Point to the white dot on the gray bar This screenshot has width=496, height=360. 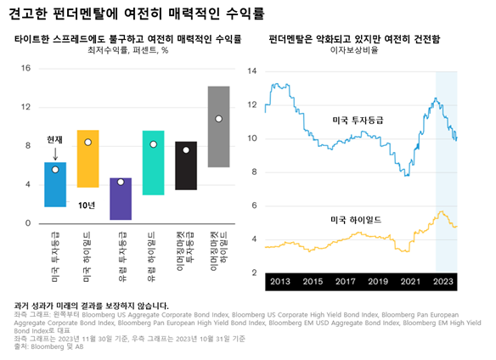click(218, 119)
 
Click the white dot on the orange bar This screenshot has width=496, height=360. click(87, 142)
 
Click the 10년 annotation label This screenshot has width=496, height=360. click(87, 205)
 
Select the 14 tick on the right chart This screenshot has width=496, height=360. click(252, 71)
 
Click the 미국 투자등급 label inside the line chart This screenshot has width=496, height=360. click(358, 121)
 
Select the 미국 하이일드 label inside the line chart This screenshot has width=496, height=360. click(354, 220)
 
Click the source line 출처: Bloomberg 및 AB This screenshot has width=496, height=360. click(49, 346)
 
